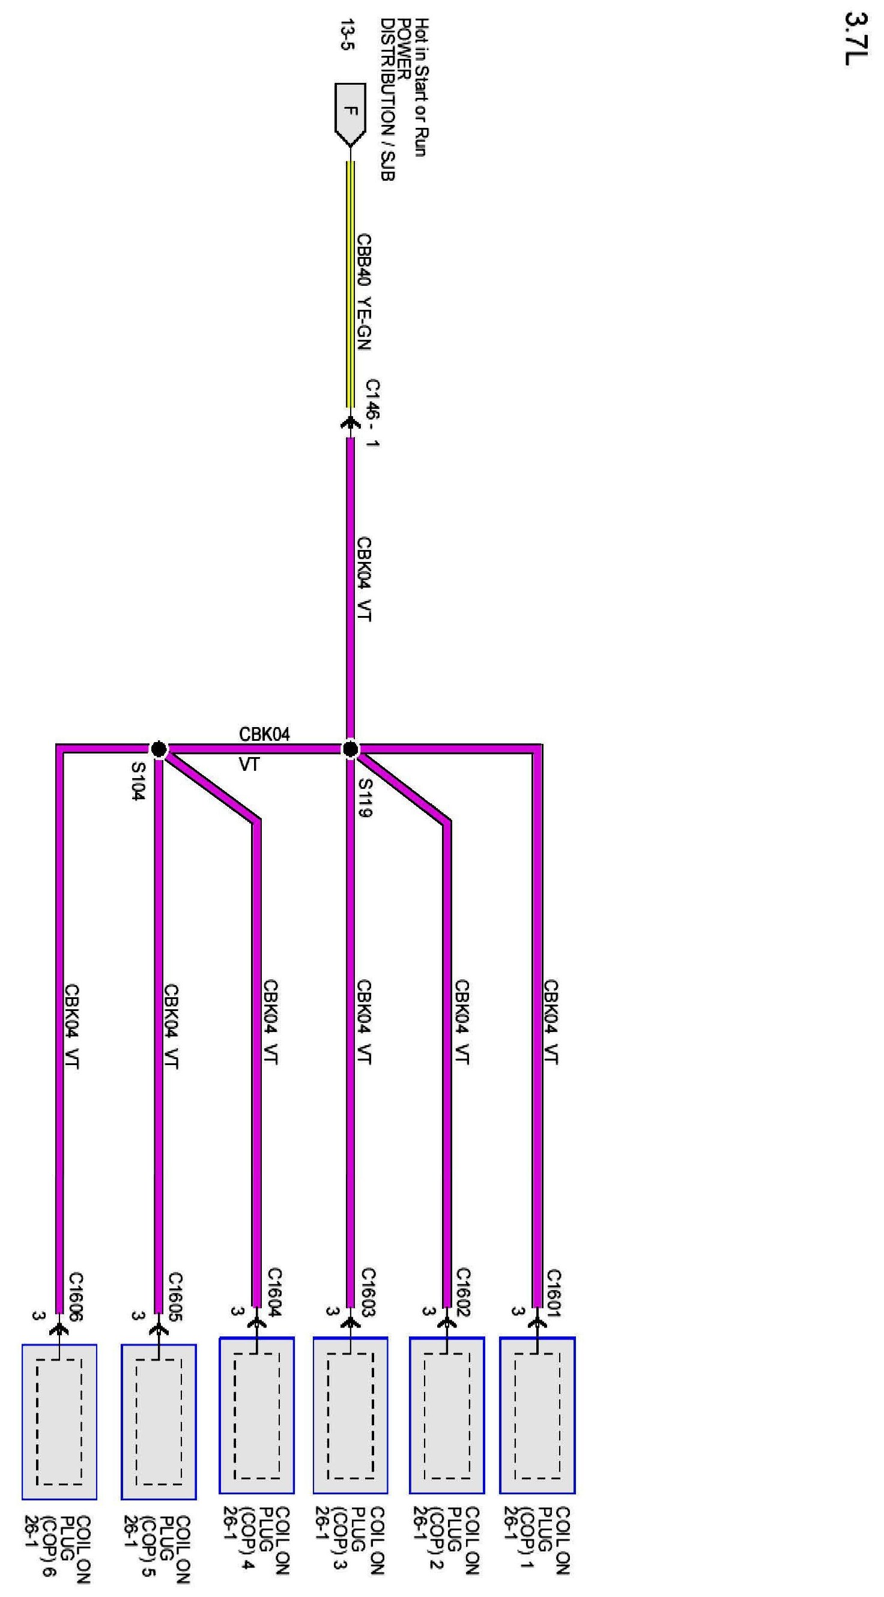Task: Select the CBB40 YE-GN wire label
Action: pyautogui.click(x=364, y=291)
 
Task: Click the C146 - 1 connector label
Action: pyautogui.click(x=372, y=413)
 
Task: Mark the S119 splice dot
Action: pyautogui.click(x=350, y=749)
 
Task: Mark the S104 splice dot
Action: pyautogui.click(x=159, y=749)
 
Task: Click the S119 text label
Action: pyautogui.click(x=365, y=797)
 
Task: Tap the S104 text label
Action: pyautogui.click(x=138, y=781)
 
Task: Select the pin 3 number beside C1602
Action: pyautogui.click(x=426, y=1311)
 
